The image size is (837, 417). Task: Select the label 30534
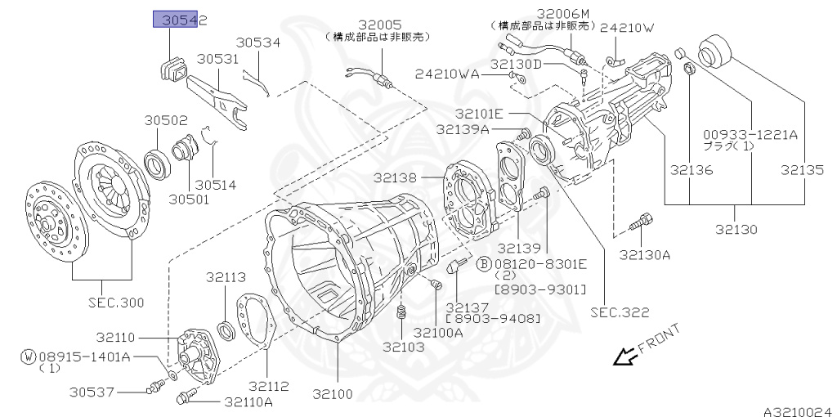258,43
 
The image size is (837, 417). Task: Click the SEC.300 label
116,303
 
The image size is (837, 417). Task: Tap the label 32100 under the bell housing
333,394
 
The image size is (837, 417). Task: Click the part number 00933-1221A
750,134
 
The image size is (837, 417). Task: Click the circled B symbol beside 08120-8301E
484,263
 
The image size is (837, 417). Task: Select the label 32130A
644,254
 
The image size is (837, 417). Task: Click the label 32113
226,278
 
